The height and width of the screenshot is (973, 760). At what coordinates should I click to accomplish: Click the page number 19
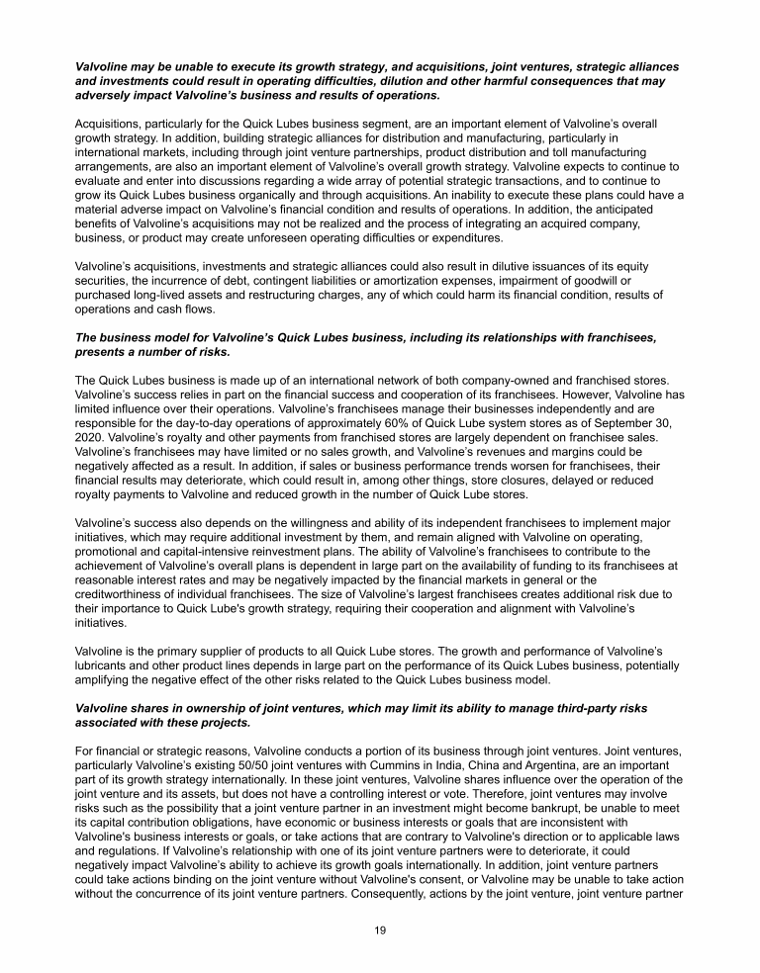(380, 930)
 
